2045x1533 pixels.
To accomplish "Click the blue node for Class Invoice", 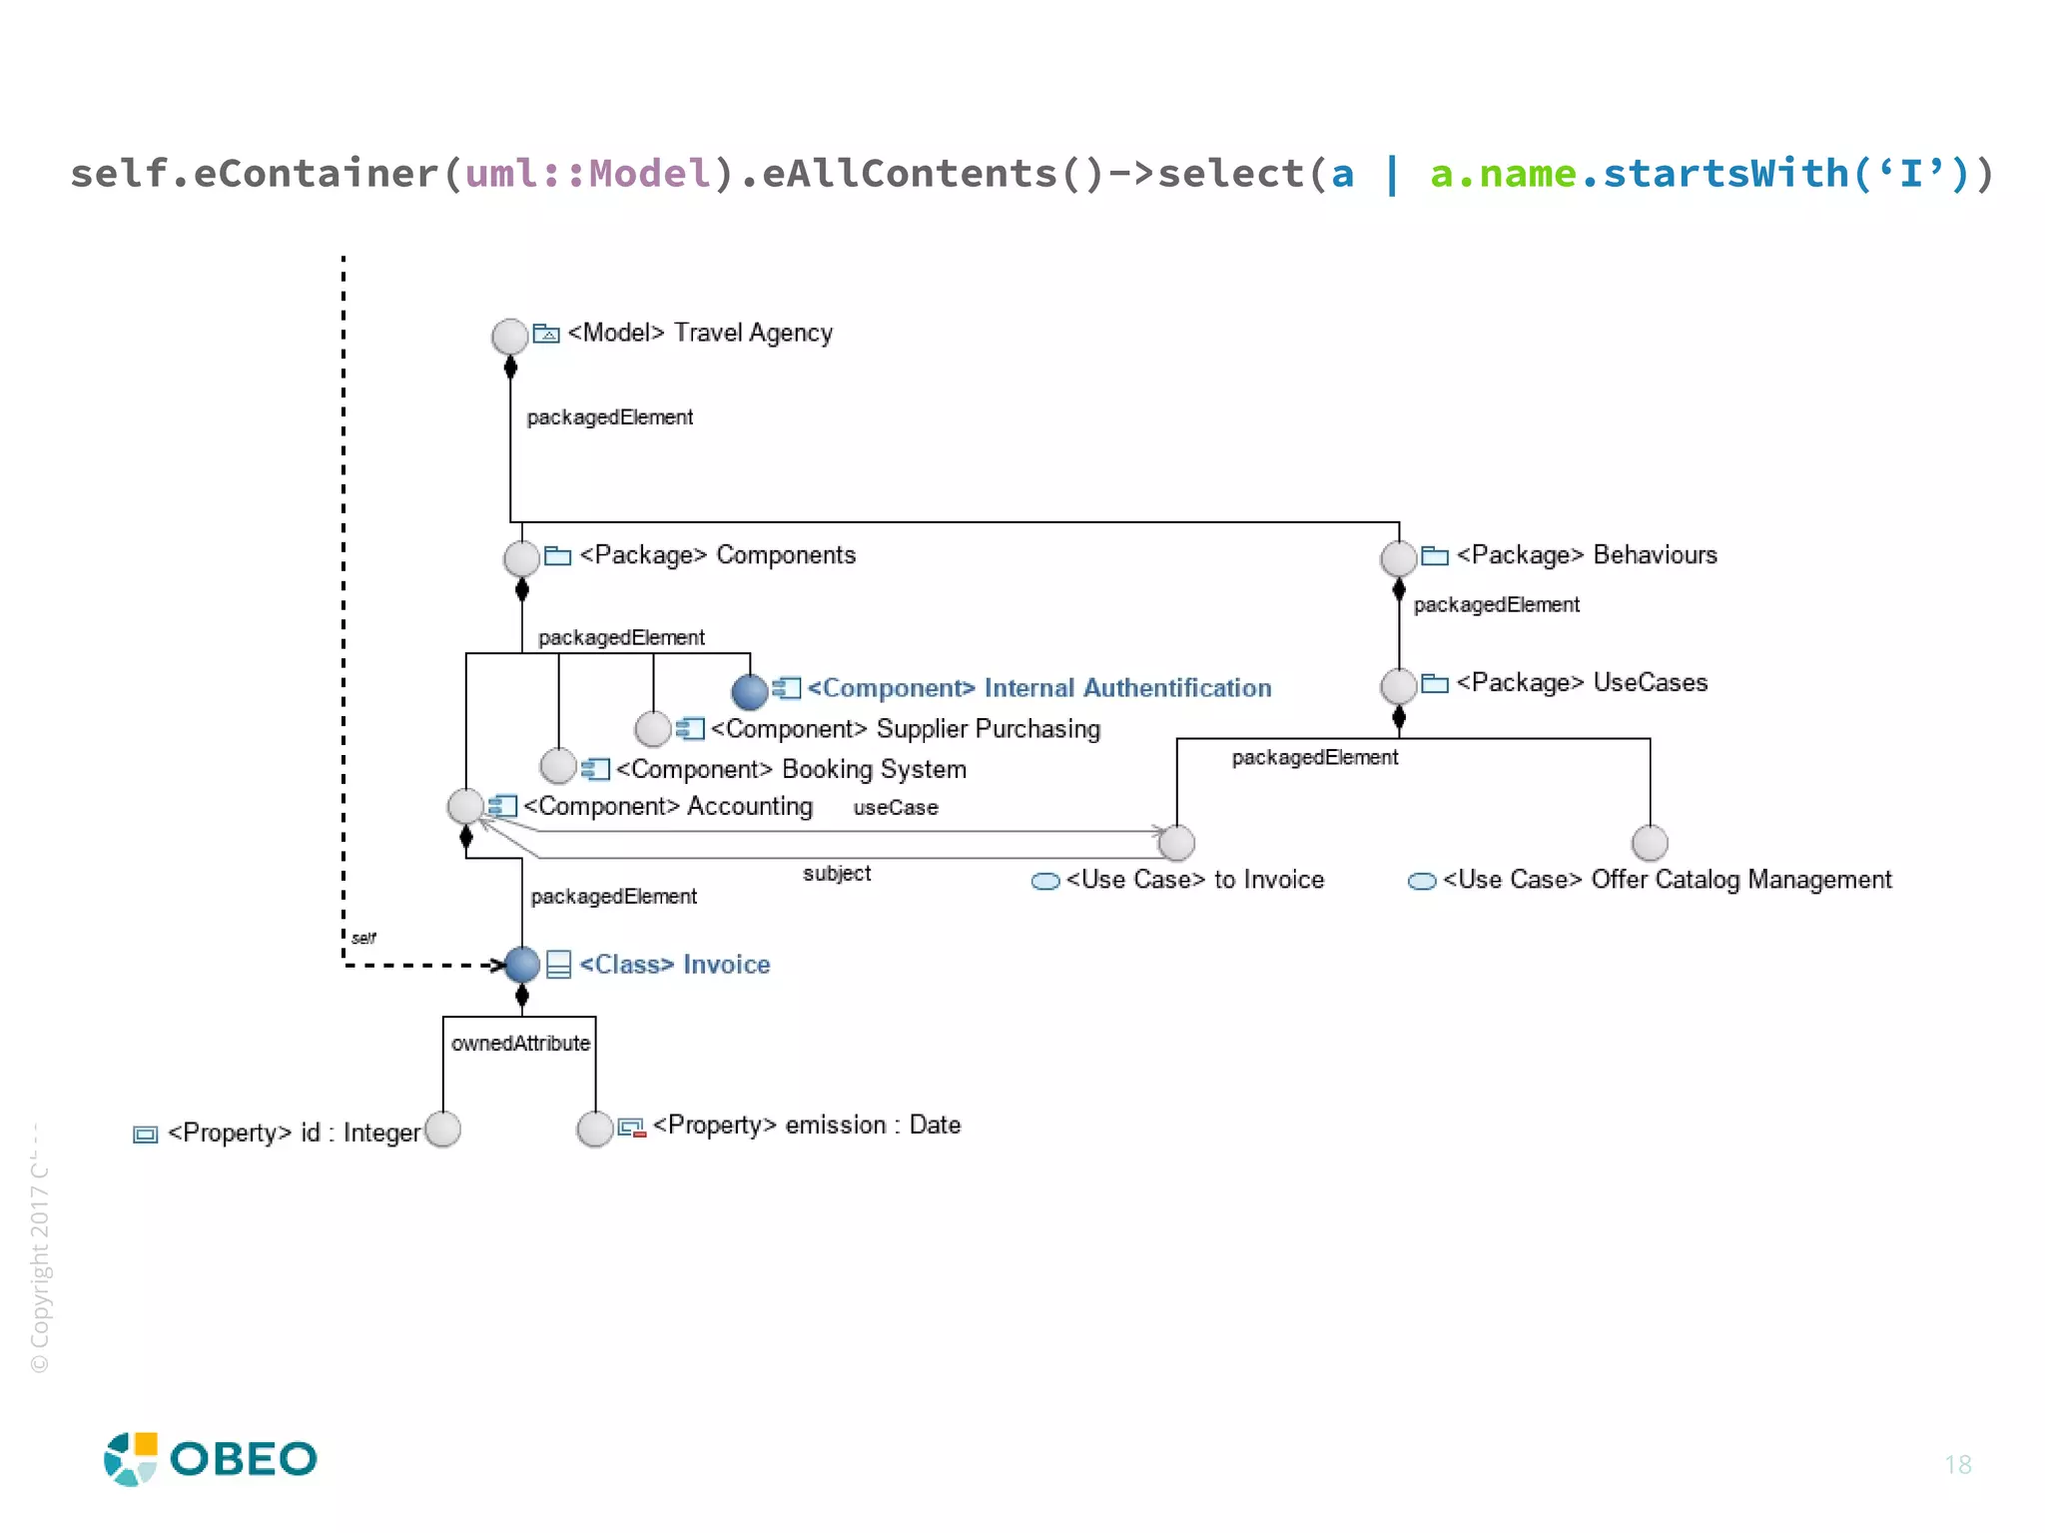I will [x=521, y=965].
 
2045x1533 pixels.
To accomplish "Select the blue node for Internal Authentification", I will [x=749, y=690].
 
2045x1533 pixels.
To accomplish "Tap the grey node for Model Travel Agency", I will [x=509, y=336].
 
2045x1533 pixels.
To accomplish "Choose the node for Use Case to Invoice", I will [x=1176, y=843].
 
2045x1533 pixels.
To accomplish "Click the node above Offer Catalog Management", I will [x=1650, y=843].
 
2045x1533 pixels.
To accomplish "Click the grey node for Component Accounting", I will [x=465, y=806].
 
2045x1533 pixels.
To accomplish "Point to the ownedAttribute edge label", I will [x=520, y=1044].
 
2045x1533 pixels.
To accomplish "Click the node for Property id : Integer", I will [x=442, y=1130].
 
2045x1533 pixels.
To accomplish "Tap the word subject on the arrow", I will [x=837, y=874].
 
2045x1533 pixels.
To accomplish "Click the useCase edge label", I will [x=895, y=808].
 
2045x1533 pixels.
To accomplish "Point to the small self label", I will [x=363, y=938].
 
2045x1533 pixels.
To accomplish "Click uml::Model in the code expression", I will [x=588, y=174].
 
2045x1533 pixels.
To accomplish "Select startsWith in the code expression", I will [x=1725, y=174].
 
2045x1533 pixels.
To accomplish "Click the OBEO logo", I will [x=211, y=1459].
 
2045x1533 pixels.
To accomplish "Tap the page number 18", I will [x=1957, y=1465].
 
